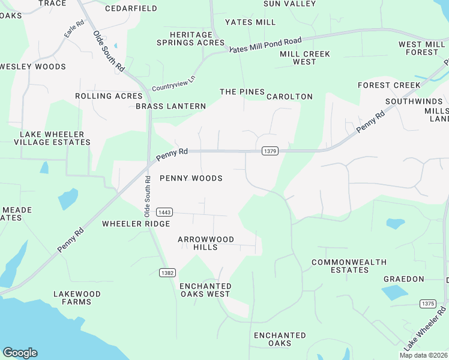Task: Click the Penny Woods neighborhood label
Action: pos(191,178)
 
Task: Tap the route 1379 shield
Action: pos(270,152)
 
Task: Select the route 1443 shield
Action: pos(164,212)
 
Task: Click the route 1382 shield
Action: pos(167,272)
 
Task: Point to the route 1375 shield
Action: pos(427,304)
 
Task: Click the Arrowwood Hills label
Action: pos(206,243)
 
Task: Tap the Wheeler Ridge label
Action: pos(136,224)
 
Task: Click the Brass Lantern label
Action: pos(170,106)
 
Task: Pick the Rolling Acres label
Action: pos(109,96)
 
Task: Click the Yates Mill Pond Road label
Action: pos(265,45)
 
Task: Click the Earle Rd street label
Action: pos(74,30)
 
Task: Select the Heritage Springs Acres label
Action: pos(190,39)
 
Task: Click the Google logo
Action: pos(20,353)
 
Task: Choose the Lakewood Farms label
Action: pos(77,298)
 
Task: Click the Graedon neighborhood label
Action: pos(404,279)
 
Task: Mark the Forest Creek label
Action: pos(389,85)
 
